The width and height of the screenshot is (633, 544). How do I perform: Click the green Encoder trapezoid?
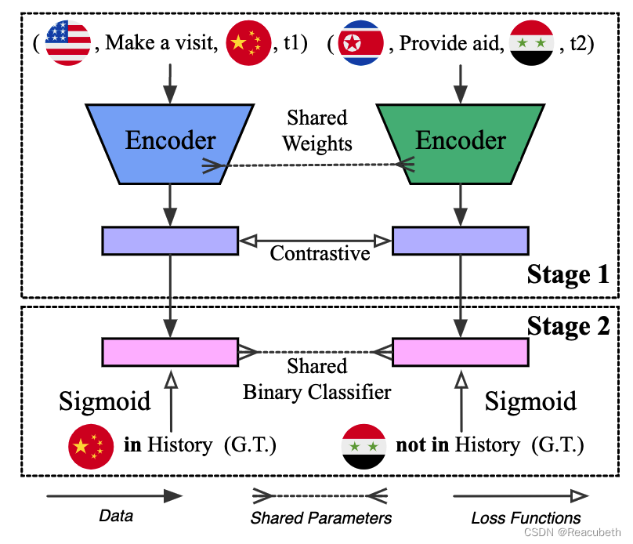click(x=460, y=140)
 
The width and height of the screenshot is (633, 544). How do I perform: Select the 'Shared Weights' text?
click(x=316, y=131)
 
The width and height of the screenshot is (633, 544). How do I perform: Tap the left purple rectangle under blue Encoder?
click(x=170, y=240)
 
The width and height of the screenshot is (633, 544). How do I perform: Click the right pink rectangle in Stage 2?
click(x=460, y=352)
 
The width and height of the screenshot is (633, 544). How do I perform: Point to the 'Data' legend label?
click(x=116, y=517)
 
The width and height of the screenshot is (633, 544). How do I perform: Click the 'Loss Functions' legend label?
click(x=526, y=517)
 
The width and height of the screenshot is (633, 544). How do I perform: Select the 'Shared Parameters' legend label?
click(x=321, y=517)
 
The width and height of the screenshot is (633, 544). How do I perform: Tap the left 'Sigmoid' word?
click(x=105, y=401)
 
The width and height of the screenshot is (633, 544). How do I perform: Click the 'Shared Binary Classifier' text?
click(x=316, y=379)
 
